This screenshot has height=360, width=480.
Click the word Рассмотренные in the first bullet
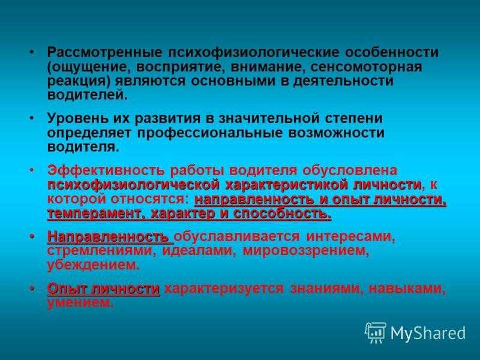coord(104,52)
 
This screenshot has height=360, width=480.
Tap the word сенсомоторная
coord(366,67)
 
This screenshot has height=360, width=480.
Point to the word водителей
coord(87,95)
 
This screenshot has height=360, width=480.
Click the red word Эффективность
coord(106,170)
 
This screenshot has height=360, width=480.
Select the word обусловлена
coord(350,170)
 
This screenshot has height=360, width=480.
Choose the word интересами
coord(350,236)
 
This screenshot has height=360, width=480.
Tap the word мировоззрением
coord(306,251)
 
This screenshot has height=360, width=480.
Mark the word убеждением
coord(94,265)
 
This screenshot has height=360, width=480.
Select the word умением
coord(80,303)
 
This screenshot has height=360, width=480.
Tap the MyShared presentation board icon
coord(376,332)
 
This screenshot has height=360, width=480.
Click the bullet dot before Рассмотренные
coord(32,52)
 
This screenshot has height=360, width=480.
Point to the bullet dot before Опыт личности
coord(32,289)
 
